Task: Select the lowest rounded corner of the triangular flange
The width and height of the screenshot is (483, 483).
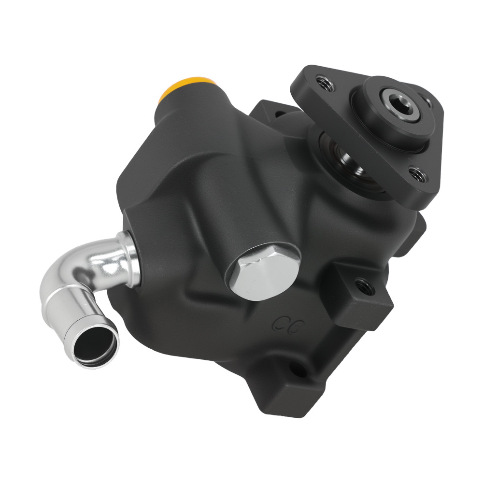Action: [425, 198]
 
